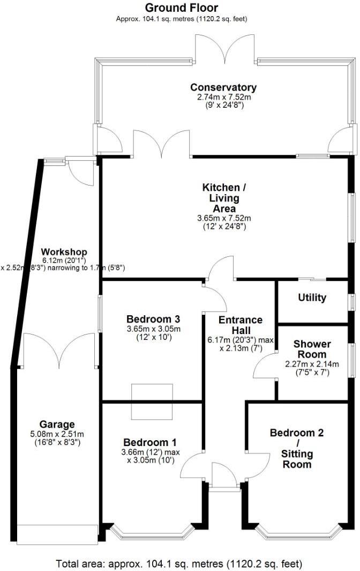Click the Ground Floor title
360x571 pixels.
(182, 8)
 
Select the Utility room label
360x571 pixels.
(311, 298)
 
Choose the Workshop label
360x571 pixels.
(64, 252)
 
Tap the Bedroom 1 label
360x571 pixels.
(149, 442)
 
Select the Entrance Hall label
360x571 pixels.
(241, 325)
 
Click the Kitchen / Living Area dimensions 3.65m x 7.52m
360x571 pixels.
(224, 218)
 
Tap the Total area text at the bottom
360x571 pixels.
(179, 563)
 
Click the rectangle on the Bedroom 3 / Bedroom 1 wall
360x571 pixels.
(153, 402)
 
